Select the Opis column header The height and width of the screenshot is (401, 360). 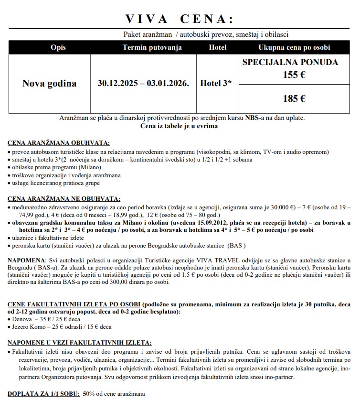coord(57,47)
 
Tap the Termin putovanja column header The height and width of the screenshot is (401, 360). coord(145,47)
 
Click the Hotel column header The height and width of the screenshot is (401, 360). coord(217,47)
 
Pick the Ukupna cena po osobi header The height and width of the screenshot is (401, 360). coord(294,47)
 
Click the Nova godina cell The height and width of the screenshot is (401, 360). coord(49,83)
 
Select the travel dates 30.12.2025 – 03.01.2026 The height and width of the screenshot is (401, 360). coord(143,83)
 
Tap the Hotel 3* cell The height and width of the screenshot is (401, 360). coord(216,83)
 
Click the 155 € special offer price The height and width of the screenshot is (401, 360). coord(294,75)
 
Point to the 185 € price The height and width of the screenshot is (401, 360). coord(294,99)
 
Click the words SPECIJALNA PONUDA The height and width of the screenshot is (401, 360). coord(290,63)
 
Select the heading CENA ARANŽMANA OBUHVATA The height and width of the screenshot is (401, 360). coord(59,142)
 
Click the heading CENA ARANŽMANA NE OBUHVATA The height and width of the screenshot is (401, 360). coord(64,198)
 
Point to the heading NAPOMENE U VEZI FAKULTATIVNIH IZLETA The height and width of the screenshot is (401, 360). coord(80,343)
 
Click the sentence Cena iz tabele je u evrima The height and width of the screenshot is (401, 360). coord(179,126)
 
